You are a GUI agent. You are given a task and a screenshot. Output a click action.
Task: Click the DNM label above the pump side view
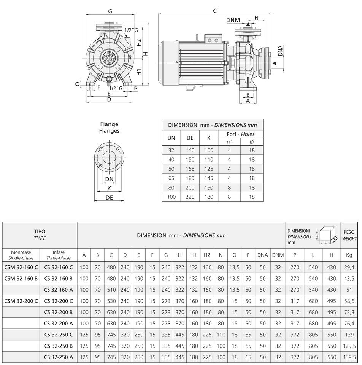point(233,20)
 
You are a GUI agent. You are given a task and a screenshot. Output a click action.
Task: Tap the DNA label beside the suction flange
point(280,51)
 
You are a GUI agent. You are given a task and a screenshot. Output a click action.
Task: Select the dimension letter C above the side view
point(215,11)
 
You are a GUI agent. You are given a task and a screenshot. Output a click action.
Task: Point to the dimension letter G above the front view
point(110,11)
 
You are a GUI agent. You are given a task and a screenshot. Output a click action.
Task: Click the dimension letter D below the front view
point(109,100)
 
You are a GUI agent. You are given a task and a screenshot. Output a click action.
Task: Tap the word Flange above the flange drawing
point(109,124)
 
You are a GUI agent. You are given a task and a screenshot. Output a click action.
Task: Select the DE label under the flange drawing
point(109,198)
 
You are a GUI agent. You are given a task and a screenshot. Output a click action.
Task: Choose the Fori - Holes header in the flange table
point(240,134)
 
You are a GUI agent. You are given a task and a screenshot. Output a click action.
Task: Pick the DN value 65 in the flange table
point(171,178)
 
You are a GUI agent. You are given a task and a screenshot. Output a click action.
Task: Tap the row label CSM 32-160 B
point(21,278)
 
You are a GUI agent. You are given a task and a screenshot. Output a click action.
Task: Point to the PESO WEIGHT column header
point(349,235)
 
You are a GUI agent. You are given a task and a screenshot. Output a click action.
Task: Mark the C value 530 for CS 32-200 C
point(111,301)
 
